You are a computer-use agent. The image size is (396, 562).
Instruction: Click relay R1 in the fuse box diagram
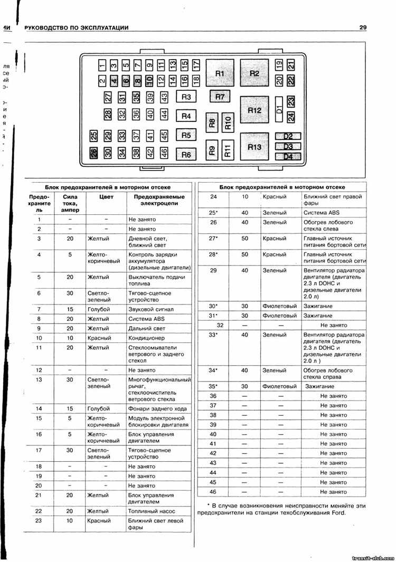pos(220,73)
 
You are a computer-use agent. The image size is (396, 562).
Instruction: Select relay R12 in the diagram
pos(254,110)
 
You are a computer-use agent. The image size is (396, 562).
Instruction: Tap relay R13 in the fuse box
pos(254,147)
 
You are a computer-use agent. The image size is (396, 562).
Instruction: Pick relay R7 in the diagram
pos(220,97)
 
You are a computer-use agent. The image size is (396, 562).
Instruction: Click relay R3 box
pos(186,97)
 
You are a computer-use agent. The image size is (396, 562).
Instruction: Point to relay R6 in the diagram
pos(186,155)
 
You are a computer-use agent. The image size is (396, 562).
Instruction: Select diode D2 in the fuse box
pos(288,136)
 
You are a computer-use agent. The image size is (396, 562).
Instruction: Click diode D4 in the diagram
pos(288,156)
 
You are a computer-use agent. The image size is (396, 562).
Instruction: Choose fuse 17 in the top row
pos(196,65)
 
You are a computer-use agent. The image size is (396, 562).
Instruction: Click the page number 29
pos(362,27)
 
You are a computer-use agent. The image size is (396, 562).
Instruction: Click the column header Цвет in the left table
pos(106,196)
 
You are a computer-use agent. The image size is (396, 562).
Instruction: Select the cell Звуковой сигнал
pos(151,309)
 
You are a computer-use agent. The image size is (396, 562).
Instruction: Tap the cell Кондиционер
pos(147,338)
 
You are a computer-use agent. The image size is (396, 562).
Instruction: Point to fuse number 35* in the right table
pos(213,386)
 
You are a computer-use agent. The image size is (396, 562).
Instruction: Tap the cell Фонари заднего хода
pos(157,408)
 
